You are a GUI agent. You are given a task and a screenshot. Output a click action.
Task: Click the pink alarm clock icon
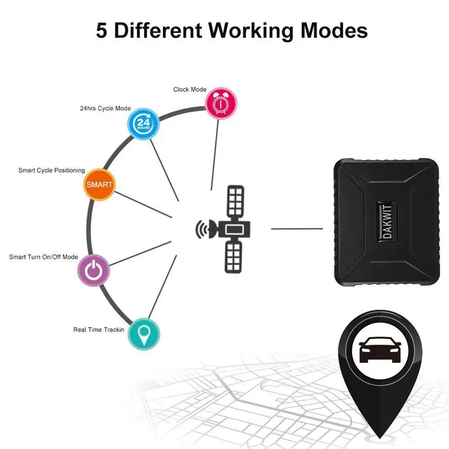point(221,103)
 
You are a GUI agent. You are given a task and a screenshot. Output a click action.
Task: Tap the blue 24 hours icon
point(143,123)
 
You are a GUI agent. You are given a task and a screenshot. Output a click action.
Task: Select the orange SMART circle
point(99,185)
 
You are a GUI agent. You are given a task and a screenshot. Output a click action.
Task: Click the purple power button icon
point(94,270)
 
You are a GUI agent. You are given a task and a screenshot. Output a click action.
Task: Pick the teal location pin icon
point(144,334)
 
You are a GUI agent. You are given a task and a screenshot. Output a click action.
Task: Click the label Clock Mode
point(190,89)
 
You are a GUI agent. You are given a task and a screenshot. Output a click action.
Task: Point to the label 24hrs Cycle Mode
point(106,108)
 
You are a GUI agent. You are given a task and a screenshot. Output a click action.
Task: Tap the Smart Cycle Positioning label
point(52,171)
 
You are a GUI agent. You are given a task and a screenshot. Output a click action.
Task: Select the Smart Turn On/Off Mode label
point(44,257)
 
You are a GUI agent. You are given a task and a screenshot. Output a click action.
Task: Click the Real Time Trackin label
point(99,329)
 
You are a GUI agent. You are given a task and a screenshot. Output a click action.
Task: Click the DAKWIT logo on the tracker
point(387,222)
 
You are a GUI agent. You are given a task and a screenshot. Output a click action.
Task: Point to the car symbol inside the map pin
point(380,350)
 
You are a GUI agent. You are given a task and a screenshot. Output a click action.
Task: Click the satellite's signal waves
point(201,229)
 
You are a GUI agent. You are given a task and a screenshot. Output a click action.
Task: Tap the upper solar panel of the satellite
point(235,201)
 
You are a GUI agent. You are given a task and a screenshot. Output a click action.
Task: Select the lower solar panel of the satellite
point(233,257)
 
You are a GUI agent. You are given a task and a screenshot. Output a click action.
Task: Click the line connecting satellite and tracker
point(297,229)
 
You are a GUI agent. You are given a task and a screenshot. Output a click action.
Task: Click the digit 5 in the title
point(102,30)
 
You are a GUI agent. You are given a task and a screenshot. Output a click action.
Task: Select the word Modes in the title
point(334,30)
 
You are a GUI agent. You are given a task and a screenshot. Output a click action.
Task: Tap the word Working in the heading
point(251,32)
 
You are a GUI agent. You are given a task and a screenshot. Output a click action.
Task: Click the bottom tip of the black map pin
point(380,438)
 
